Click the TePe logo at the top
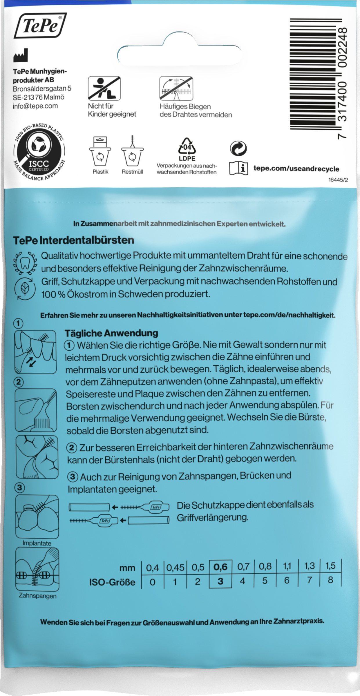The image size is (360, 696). pos(41,26)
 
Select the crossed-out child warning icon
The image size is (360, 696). pos(104,88)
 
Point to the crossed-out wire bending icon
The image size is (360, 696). pos(176,88)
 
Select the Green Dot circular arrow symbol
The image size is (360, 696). pos(238,148)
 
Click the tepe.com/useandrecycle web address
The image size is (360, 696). pos(296,169)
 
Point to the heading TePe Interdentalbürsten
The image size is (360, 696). pos(74,240)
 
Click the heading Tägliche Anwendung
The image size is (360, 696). pos(111,333)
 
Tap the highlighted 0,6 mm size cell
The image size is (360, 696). pos(220,567)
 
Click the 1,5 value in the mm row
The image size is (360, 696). pos(330,566)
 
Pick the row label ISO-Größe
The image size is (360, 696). pos(112,582)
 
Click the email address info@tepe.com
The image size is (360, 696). pos(35,106)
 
